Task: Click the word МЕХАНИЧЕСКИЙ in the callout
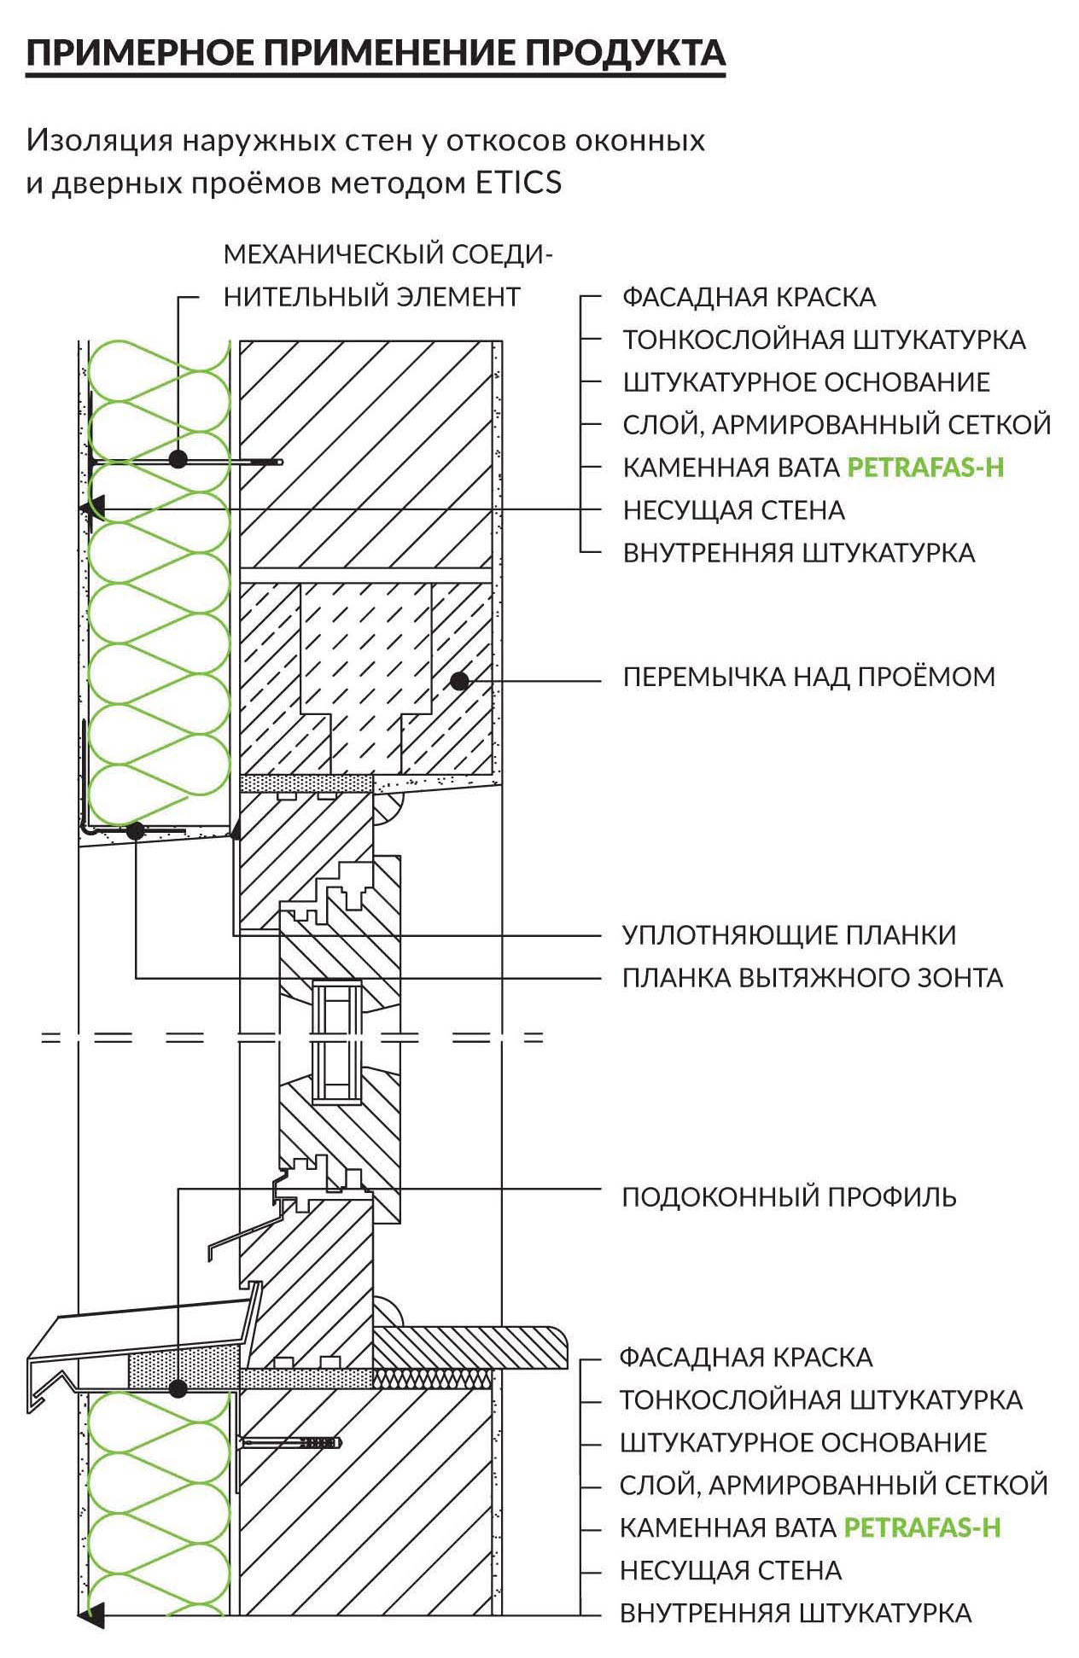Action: [334, 254]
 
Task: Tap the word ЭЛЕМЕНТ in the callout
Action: [460, 297]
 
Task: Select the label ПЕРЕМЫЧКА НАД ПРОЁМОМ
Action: [809, 677]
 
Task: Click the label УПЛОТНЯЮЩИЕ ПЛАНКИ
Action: [790, 934]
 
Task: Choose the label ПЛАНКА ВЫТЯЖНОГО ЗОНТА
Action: [813, 977]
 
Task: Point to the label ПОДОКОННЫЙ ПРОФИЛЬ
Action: [790, 1196]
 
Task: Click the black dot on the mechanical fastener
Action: [178, 459]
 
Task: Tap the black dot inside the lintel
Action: [460, 680]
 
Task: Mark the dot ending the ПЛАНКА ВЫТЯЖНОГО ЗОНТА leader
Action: [136, 830]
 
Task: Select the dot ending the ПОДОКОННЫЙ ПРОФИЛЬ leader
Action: [178, 1388]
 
